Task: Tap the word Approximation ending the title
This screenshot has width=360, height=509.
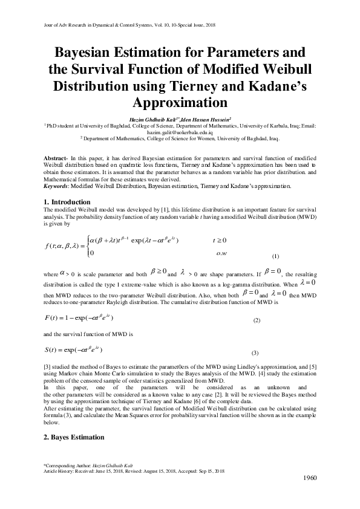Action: coord(180,100)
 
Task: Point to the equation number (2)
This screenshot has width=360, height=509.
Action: coord(256,320)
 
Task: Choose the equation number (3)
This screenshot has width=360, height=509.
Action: coord(255,352)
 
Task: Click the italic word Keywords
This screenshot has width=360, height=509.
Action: coord(59,186)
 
